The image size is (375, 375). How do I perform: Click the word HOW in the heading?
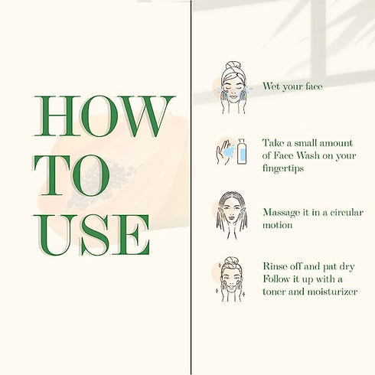104,116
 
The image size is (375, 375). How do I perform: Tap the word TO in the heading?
72,175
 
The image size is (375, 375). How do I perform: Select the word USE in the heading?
91,235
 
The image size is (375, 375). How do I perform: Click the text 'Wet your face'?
292,86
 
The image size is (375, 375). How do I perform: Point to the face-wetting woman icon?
233,87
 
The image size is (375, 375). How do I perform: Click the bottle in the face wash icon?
242,152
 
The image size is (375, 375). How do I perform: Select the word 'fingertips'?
283,168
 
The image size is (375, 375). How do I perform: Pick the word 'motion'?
278,225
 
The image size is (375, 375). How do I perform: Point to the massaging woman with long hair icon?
232,216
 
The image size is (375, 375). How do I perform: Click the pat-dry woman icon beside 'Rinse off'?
231,279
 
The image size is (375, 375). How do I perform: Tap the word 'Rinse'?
276,266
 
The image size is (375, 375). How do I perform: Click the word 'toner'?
274,292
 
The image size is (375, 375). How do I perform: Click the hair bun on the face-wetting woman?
233,65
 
